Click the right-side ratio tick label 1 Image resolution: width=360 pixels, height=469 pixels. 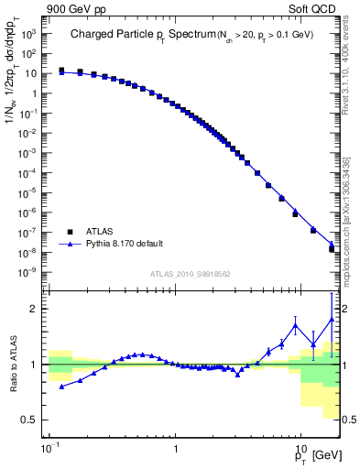[x=347, y=365]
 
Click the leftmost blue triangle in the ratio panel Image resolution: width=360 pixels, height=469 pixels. [x=61, y=387]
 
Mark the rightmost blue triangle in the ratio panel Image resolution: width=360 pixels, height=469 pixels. [x=332, y=320]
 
